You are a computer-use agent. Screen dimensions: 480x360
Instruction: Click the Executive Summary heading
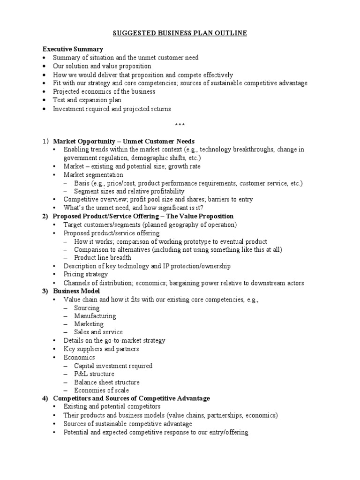point(73,49)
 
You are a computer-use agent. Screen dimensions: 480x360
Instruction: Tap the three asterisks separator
point(180,125)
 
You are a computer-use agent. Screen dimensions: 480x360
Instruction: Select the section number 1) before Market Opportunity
point(45,141)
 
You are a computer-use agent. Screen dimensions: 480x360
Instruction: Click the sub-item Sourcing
point(87,308)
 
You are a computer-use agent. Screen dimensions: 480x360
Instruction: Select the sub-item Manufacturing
point(95,316)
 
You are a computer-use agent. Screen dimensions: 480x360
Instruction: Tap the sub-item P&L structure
point(94,374)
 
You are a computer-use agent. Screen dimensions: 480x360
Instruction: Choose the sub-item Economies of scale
point(101,390)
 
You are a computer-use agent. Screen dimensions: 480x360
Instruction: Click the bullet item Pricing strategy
point(86,274)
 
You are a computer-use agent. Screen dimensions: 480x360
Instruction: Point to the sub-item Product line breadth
point(102,257)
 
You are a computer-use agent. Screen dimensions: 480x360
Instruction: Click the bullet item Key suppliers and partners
point(101,349)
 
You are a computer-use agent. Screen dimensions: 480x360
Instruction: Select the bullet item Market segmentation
point(94,174)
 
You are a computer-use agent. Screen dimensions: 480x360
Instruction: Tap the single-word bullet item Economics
point(79,357)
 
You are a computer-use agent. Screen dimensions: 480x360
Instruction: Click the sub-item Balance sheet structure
point(106,382)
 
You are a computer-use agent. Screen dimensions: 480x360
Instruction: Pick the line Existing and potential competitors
point(112,406)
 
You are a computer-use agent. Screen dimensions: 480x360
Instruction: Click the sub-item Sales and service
point(98,332)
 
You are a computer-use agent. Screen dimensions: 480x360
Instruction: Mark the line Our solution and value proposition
point(102,66)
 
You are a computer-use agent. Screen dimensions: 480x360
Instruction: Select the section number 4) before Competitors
point(45,398)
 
